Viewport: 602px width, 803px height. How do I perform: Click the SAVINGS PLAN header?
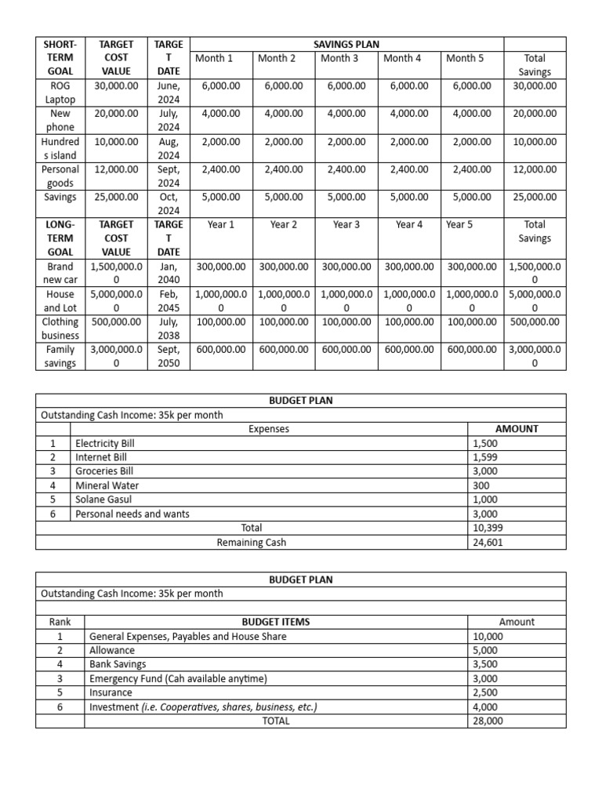point(346,45)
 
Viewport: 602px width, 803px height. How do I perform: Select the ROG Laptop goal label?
point(60,93)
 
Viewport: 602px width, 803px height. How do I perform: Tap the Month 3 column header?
point(339,58)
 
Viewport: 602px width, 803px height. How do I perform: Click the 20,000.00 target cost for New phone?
point(116,114)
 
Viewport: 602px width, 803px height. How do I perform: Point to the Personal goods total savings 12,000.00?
point(535,169)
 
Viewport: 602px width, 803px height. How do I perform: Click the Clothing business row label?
point(60,329)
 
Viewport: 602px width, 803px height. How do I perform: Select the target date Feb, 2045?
point(169,301)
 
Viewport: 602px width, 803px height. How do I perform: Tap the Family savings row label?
point(60,356)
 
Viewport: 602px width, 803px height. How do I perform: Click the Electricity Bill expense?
point(105,443)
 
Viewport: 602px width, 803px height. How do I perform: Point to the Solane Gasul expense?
point(103,500)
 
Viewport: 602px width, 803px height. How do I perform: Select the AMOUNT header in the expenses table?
point(517,429)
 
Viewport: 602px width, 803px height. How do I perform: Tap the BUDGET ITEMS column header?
point(275,622)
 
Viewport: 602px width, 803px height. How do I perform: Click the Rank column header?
point(60,622)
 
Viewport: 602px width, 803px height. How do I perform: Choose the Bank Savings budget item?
point(118,664)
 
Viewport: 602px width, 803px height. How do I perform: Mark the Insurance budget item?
point(112,692)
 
